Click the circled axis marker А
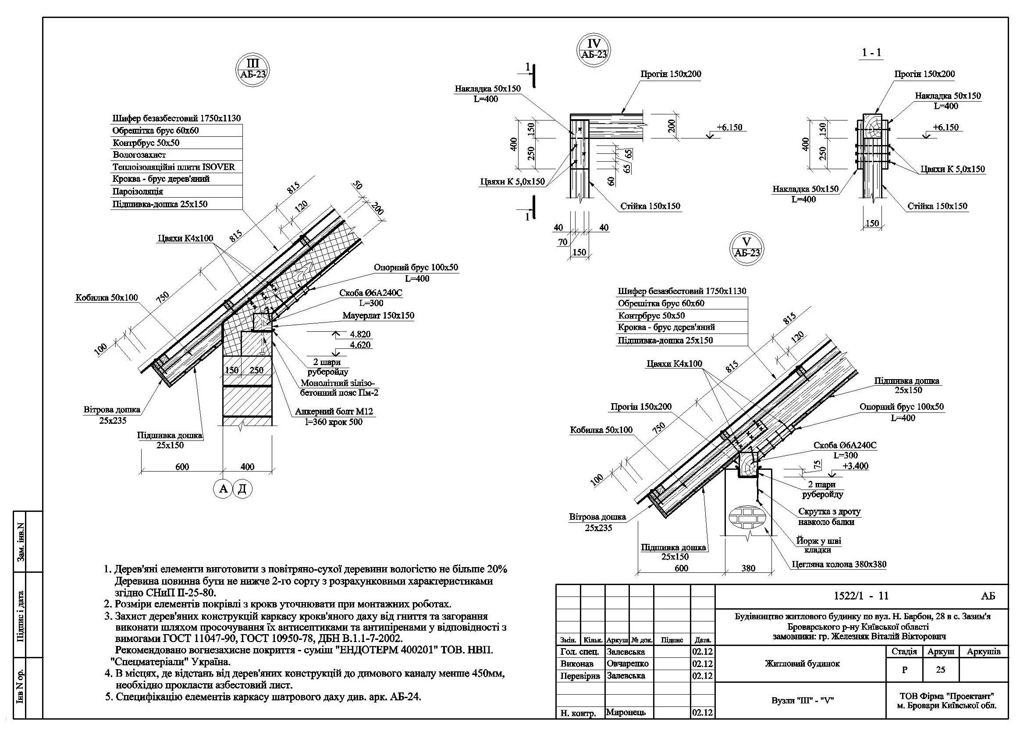click(223, 489)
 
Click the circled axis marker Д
click(242, 489)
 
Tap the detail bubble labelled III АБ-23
click(252, 70)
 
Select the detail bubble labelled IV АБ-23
click(594, 50)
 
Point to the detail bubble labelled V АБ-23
click(746, 248)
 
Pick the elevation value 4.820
click(360, 334)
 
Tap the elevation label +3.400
click(855, 466)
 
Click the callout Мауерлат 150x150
click(378, 316)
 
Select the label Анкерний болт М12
click(334, 412)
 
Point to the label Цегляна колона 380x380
click(839, 564)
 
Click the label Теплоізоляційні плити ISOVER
click(174, 167)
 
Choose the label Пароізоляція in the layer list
click(138, 192)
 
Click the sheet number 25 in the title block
click(940, 670)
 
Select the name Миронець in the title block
click(626, 712)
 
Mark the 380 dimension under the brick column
click(748, 568)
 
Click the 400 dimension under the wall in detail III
click(247, 467)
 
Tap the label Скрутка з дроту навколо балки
click(829, 517)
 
